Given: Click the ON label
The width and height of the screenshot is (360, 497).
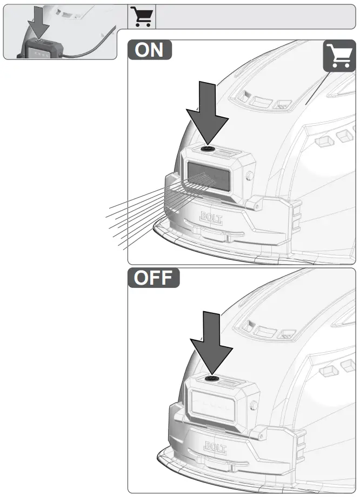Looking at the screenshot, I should tap(150, 50).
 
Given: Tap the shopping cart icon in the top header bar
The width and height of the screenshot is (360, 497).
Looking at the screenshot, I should tap(142, 17).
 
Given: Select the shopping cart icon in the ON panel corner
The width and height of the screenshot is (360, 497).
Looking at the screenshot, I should tap(339, 56).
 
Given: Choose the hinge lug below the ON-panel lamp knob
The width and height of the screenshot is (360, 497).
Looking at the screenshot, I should tap(258, 205).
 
